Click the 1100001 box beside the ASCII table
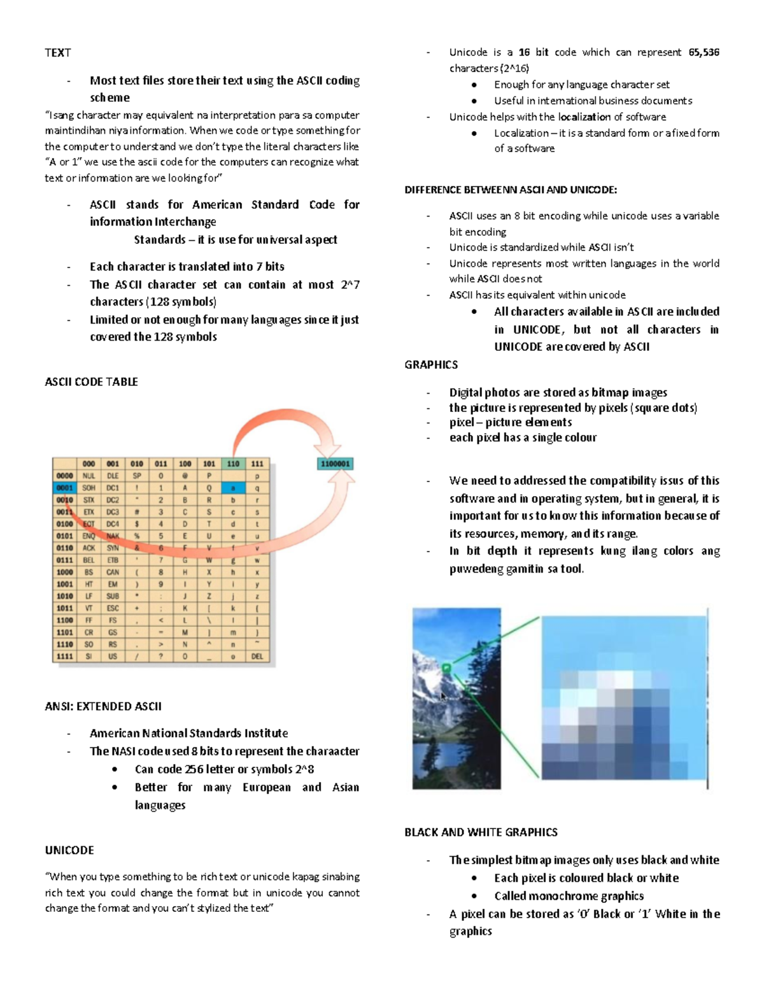pyautogui.click(x=335, y=464)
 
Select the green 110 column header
pyautogui.click(x=233, y=464)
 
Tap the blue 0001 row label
pyautogui.click(x=65, y=488)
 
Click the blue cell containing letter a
pyautogui.click(x=233, y=488)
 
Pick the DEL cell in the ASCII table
pyautogui.click(x=257, y=656)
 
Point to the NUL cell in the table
pyautogui.click(x=88, y=476)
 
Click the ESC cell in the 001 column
pyautogui.click(x=113, y=608)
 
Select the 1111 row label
pyautogui.click(x=65, y=656)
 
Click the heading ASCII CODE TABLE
pyautogui.click(x=91, y=382)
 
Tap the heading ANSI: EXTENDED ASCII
pyautogui.click(x=103, y=706)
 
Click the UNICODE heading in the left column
pyautogui.click(x=69, y=850)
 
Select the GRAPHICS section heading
pyautogui.click(x=431, y=365)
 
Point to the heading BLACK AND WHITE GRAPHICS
pyautogui.click(x=481, y=832)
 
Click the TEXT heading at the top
pyautogui.click(x=57, y=53)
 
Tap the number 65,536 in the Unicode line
pyautogui.click(x=704, y=52)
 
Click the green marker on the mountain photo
pyautogui.click(x=446, y=668)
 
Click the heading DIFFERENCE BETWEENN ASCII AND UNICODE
pyautogui.click(x=511, y=190)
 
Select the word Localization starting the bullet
pyautogui.click(x=521, y=133)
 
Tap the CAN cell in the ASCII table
pyautogui.click(x=113, y=572)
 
